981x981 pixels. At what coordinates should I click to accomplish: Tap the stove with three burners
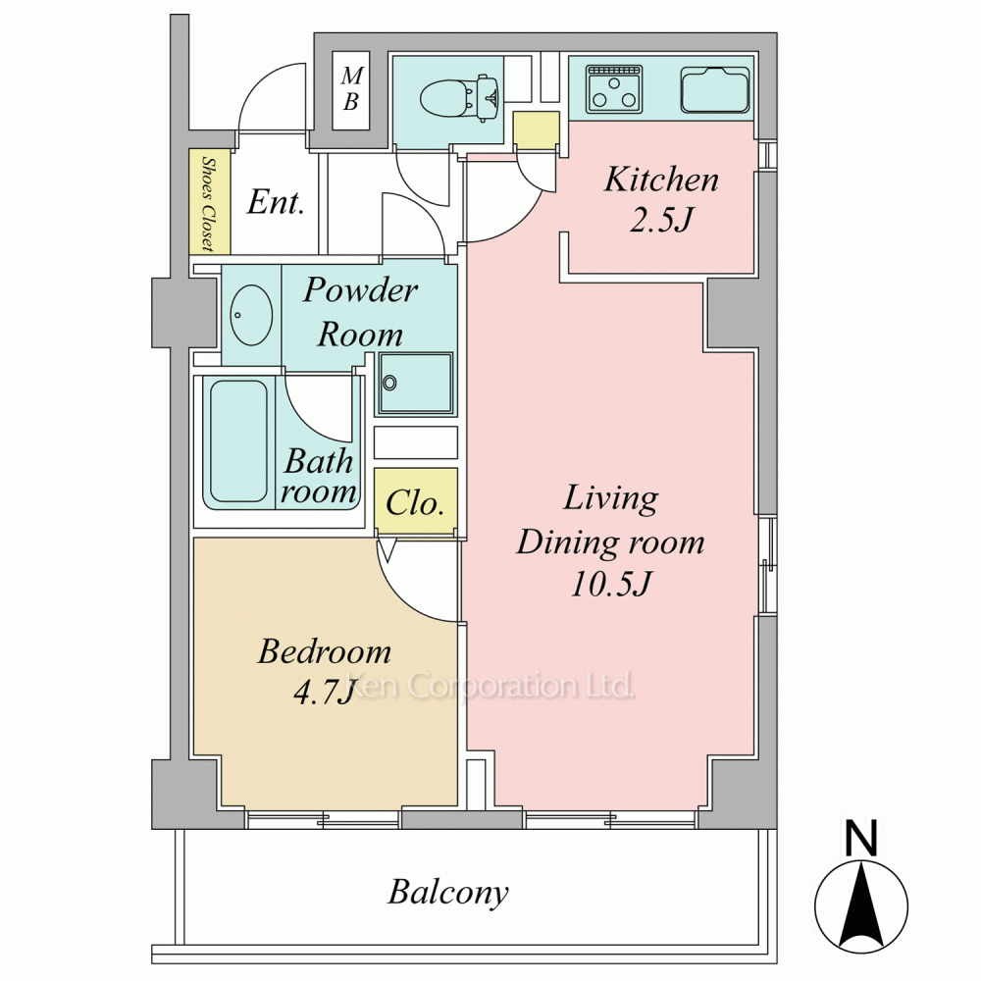614,89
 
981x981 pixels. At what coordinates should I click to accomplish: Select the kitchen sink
715,89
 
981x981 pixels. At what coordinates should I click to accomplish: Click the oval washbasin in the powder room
251,315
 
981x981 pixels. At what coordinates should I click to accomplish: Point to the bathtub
238,441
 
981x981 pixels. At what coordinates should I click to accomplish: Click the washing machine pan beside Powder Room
415,384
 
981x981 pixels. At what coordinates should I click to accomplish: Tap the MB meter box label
351,88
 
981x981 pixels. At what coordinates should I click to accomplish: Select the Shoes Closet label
208,202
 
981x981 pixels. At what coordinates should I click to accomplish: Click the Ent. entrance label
276,201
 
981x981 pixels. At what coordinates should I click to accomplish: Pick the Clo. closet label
415,502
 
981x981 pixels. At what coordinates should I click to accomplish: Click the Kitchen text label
661,180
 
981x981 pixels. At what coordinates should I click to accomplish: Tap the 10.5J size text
611,583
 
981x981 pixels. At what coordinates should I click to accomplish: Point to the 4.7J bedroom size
324,692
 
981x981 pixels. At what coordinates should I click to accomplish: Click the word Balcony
448,892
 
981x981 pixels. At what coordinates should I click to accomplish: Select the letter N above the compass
861,838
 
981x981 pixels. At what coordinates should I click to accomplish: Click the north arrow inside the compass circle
861,904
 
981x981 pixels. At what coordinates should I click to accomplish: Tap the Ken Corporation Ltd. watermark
491,685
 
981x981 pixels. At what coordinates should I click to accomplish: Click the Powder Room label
361,312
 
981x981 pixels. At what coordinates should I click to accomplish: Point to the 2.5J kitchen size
661,220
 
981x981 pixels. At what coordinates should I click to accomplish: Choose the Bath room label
319,476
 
